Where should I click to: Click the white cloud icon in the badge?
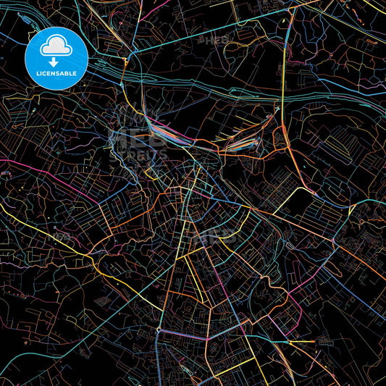[56, 46]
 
